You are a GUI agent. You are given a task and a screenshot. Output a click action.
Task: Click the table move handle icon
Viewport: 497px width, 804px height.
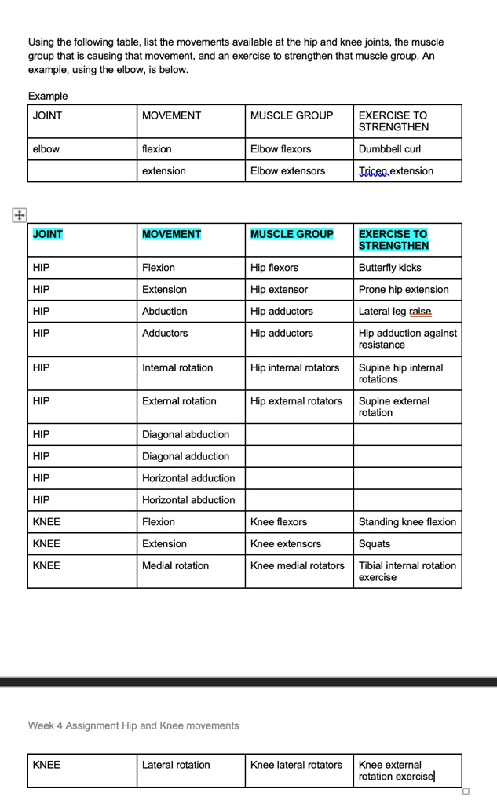[x=19, y=214]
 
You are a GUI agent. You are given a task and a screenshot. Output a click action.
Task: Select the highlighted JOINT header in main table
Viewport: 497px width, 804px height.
[x=48, y=234]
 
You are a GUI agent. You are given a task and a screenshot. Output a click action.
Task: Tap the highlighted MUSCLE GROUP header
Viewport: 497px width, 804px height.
[x=291, y=234]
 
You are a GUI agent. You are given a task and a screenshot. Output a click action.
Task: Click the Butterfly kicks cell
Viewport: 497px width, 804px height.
[x=389, y=268]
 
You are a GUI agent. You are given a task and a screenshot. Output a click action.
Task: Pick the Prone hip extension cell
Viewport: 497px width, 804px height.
[x=404, y=290]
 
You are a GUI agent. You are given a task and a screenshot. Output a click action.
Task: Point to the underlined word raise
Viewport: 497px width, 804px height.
[x=420, y=312]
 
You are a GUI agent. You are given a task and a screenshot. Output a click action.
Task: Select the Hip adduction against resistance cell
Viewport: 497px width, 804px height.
[x=407, y=339]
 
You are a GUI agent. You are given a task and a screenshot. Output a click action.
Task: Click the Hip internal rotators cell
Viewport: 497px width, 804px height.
[x=294, y=367]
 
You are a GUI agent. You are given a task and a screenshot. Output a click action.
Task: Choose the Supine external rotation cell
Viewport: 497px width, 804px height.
[x=393, y=407]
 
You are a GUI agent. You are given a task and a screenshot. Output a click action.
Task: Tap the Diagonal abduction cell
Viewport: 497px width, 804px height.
[x=185, y=434]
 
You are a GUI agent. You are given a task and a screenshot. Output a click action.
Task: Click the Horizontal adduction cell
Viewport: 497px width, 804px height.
[x=188, y=478]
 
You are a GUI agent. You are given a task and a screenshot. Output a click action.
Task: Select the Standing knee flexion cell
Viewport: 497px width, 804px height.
[x=407, y=522]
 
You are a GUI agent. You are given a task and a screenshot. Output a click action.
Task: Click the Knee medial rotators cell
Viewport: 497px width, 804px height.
[x=297, y=565]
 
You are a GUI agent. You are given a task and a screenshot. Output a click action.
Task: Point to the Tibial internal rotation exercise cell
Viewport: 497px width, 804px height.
[x=407, y=571]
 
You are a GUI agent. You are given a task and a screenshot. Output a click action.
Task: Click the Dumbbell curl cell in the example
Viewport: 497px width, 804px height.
[x=389, y=149]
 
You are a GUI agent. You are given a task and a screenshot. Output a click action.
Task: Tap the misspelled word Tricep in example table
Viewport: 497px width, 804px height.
[x=373, y=171]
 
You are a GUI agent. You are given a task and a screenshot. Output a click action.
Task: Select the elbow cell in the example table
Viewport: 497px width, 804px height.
[x=46, y=149]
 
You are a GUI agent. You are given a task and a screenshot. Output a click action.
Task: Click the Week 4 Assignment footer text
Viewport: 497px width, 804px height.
[x=133, y=725]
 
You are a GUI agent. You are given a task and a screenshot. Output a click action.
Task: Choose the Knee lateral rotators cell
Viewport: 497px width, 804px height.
[x=296, y=765]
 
